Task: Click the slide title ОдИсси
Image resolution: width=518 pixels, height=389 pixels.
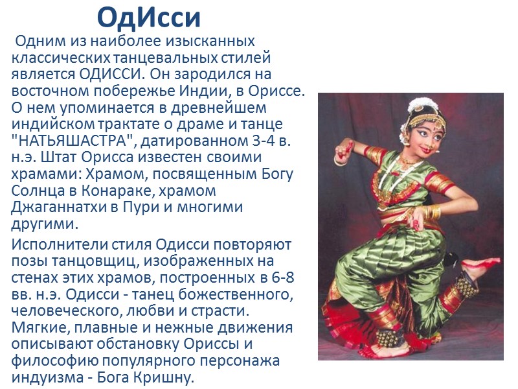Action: (149, 17)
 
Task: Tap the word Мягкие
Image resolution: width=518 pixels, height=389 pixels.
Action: (40, 327)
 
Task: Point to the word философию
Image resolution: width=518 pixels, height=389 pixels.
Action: (54, 360)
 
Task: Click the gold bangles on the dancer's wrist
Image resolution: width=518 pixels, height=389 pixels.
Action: (434, 212)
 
